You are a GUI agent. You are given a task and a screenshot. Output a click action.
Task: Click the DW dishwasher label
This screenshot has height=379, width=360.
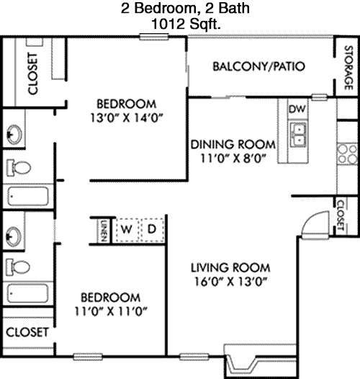point(297,109)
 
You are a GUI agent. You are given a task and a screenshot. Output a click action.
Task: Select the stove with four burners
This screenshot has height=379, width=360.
point(347,154)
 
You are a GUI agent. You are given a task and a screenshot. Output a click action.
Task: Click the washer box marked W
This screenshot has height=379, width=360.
point(127,229)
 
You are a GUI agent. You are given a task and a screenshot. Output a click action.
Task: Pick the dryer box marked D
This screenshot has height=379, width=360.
point(152,229)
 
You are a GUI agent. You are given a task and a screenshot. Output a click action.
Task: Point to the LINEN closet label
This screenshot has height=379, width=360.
point(104,231)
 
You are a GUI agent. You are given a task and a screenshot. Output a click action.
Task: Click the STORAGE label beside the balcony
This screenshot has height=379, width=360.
point(348,68)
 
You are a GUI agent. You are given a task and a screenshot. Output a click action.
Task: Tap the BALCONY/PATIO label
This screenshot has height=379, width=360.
point(258,66)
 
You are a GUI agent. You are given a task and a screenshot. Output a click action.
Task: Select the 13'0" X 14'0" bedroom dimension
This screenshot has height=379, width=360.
point(127,118)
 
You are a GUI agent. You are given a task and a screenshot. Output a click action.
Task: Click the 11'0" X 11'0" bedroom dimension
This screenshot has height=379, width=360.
point(111,311)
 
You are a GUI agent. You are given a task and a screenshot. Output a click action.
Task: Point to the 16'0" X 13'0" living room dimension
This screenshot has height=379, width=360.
point(230,282)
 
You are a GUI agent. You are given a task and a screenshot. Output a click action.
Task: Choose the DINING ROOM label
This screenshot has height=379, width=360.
point(233,145)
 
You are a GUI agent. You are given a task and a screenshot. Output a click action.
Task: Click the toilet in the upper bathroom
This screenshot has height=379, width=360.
point(19,167)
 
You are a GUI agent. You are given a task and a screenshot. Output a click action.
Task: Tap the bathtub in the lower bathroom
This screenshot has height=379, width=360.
point(27,293)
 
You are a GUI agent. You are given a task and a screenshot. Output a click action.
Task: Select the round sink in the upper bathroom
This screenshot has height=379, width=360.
point(14,135)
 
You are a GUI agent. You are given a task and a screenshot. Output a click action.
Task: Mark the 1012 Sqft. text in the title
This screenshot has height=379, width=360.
point(186,24)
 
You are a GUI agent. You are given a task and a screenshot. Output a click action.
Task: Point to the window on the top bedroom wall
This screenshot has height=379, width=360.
point(154,37)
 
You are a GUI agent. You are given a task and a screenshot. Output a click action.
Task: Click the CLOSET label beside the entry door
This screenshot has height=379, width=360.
point(340,215)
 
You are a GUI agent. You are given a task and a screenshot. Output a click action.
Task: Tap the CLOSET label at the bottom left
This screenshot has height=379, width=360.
point(27,332)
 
